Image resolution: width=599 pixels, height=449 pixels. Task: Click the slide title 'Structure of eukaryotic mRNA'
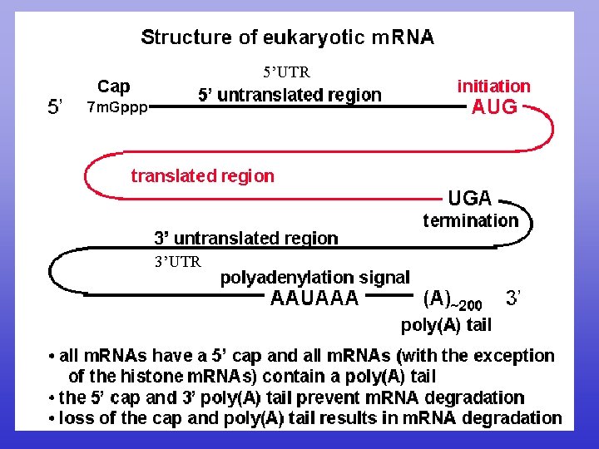point(287,37)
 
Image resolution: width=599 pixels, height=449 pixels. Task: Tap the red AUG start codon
point(494,107)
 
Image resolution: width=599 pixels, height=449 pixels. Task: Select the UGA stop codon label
point(470,199)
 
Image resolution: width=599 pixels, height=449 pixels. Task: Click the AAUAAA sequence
point(314,299)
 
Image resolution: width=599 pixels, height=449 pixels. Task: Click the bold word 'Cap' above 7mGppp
point(114,86)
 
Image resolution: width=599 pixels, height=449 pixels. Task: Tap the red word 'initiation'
point(493,86)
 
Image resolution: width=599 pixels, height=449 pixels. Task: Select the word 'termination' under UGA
point(470,220)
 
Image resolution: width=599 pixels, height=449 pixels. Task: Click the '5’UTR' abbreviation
point(286,72)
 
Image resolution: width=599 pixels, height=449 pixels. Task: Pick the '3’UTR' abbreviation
point(177,262)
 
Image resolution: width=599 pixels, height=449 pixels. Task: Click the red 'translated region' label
point(202,175)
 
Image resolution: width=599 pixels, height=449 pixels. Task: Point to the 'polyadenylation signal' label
point(314,278)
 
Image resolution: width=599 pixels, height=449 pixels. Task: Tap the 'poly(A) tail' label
point(446,324)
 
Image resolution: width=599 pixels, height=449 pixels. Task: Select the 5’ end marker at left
point(57,107)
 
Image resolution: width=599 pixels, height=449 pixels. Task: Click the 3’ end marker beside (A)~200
point(512,297)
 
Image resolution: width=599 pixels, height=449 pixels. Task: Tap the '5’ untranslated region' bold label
point(290,95)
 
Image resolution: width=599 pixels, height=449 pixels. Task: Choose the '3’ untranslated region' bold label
point(246,239)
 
